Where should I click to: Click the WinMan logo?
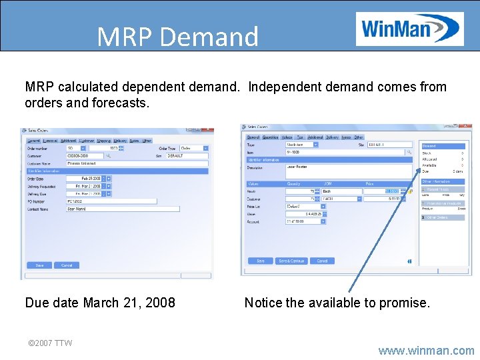[409, 29]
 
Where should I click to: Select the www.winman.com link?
[426, 350]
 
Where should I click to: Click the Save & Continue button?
[291, 261]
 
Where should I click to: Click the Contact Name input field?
[123, 209]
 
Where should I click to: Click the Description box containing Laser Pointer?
[348, 171]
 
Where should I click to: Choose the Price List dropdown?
[305, 206]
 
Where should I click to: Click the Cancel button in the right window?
[322, 261]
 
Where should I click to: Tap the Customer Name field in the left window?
[137, 163]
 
